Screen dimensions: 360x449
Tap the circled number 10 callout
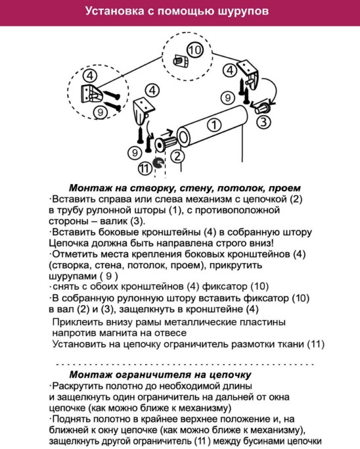(x=195, y=50)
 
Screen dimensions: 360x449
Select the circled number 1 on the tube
(x=214, y=124)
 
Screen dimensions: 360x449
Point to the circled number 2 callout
(x=178, y=156)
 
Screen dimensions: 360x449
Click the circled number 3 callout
(x=263, y=122)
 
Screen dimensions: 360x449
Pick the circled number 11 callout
(x=145, y=168)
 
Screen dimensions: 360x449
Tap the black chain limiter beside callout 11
(x=158, y=163)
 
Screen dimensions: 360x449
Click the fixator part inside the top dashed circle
(x=181, y=60)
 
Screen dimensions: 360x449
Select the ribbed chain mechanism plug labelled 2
(x=166, y=143)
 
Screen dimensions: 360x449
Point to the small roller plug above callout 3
(x=262, y=108)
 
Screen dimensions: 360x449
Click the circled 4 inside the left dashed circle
(x=90, y=76)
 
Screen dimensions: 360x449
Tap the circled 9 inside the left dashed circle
(x=101, y=112)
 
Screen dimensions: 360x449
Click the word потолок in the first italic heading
(x=238, y=188)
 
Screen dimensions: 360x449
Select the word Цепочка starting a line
(x=69, y=243)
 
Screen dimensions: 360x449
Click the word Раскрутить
(x=78, y=387)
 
